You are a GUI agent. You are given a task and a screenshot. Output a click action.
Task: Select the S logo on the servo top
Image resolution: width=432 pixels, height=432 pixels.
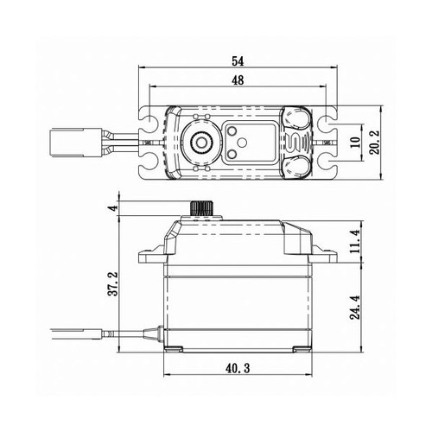click(x=295, y=140)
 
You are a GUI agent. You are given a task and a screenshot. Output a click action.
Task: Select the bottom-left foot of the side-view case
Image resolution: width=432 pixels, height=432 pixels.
click(x=175, y=350)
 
